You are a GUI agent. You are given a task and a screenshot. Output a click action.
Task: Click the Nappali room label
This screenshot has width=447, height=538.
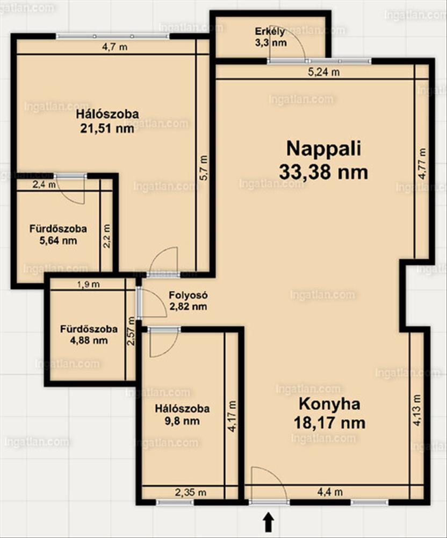[x=323, y=149]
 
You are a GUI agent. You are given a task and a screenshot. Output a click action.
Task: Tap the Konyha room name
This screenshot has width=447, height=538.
[x=329, y=404]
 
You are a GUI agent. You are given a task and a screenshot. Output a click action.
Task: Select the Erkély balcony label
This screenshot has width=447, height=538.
[x=270, y=32]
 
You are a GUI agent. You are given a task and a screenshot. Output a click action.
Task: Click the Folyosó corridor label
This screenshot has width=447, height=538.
[x=188, y=295]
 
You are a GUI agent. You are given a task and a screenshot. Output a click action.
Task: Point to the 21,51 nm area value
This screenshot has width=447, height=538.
[x=107, y=129]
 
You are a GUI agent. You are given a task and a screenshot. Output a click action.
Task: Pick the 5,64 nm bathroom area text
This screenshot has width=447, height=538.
[x=58, y=240]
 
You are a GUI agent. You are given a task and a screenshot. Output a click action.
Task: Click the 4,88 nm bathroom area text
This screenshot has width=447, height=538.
[x=89, y=341]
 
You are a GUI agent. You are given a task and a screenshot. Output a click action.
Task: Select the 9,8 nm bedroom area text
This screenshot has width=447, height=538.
[x=182, y=421]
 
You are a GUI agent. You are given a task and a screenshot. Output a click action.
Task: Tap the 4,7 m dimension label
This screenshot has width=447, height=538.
[x=115, y=47]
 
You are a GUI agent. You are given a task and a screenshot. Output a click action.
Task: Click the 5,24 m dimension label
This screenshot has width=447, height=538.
[x=324, y=72]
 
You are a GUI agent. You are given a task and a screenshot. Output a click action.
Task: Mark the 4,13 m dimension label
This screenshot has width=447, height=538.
[x=416, y=410]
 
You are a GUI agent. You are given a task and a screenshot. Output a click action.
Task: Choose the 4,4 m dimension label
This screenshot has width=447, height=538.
[x=330, y=492]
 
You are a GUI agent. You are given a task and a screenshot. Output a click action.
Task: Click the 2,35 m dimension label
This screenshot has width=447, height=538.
[x=191, y=492]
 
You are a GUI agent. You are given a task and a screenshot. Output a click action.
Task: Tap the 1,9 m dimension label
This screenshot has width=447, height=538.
[x=88, y=284]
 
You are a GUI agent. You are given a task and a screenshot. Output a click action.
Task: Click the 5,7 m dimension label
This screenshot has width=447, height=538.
[x=204, y=168]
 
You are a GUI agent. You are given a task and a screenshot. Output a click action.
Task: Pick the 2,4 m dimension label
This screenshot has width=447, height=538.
[x=44, y=185]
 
